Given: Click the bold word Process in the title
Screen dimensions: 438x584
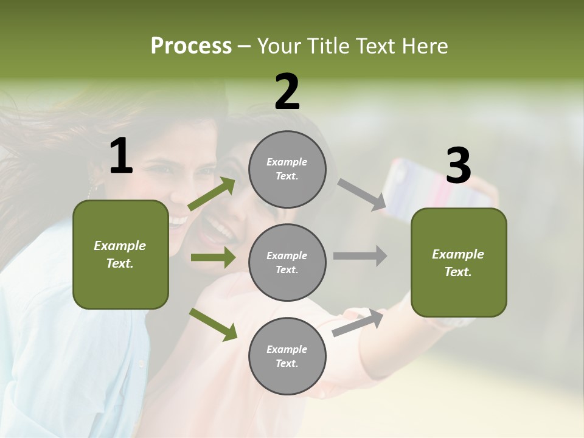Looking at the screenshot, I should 191,46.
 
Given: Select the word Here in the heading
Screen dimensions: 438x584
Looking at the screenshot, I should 423,46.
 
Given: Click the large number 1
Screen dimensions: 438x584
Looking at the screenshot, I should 121,156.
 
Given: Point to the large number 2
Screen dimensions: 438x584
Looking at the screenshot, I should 287,92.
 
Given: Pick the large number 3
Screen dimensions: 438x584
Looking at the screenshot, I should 458,166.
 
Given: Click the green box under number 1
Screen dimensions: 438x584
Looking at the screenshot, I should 120,254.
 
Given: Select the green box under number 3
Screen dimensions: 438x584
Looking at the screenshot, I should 459,263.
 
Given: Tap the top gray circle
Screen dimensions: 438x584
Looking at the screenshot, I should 287,169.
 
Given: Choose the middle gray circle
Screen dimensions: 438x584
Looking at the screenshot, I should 287,262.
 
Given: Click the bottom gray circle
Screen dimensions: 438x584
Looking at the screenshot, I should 287,356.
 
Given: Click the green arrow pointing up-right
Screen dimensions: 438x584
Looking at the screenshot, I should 212,194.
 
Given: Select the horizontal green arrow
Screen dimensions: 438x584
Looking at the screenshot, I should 213,257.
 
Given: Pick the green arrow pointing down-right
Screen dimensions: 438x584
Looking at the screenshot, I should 213,324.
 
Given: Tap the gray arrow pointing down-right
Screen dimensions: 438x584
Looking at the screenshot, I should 362,195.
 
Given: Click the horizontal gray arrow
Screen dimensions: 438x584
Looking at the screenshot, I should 360,255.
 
